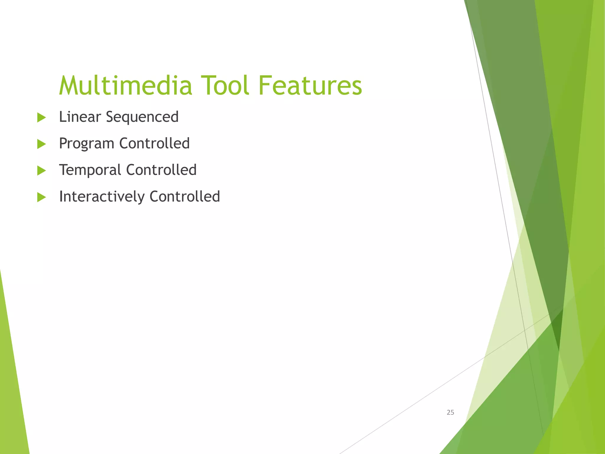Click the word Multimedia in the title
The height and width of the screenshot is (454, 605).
click(126, 86)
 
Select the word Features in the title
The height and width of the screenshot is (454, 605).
click(310, 86)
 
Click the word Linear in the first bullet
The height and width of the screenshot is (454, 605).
click(80, 117)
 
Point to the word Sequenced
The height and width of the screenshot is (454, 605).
click(142, 117)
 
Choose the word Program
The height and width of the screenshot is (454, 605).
click(86, 144)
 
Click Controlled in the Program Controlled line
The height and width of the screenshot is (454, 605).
click(154, 143)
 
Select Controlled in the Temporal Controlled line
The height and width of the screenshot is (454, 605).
click(161, 170)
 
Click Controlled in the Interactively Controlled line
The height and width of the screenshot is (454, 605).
click(185, 197)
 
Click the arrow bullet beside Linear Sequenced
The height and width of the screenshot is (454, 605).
click(42, 118)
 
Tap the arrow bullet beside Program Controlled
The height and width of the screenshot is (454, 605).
click(42, 144)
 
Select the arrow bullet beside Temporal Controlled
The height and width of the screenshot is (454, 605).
click(42, 171)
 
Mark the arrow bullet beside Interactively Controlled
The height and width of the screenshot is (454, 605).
click(42, 197)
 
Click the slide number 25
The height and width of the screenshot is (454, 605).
click(450, 412)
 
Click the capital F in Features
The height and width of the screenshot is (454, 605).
click(265, 86)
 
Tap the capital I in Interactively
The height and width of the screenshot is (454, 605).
click(61, 196)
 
